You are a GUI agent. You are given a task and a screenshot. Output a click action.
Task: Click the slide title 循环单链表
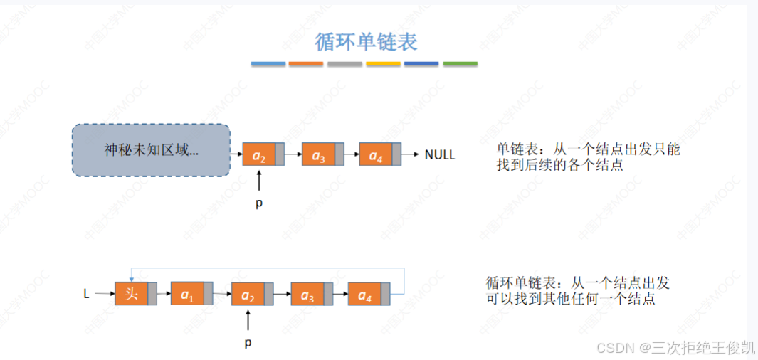pyautogui.click(x=367, y=41)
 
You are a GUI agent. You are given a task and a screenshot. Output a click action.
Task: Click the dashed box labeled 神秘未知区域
pyautogui.click(x=151, y=150)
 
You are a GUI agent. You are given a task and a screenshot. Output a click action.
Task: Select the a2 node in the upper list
pyautogui.click(x=259, y=154)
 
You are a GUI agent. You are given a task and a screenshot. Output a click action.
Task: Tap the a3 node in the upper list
pyautogui.click(x=318, y=154)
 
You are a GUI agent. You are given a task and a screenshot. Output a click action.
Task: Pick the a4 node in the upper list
pyautogui.click(x=377, y=154)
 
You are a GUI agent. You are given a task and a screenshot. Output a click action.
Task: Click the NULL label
pyautogui.click(x=439, y=154)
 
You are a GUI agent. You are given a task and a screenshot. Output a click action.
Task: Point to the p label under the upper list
pyautogui.click(x=258, y=203)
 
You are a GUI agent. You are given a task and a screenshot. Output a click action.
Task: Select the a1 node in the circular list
pyautogui.click(x=187, y=293)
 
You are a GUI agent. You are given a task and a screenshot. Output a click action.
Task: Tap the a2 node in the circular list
pyautogui.click(x=248, y=293)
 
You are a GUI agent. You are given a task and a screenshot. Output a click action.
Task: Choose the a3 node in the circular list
pyautogui.click(x=307, y=293)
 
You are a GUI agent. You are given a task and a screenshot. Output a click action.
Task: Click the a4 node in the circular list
pyautogui.click(x=364, y=293)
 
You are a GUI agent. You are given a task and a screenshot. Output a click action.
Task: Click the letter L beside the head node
pyautogui.click(x=86, y=292)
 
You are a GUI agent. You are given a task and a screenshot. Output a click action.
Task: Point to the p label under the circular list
pyautogui.click(x=248, y=343)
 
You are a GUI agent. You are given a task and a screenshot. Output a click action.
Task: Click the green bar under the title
pyautogui.click(x=460, y=64)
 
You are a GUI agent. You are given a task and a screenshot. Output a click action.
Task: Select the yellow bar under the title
pyautogui.click(x=383, y=64)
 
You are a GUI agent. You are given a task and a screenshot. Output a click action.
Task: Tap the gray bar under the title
pyautogui.click(x=344, y=64)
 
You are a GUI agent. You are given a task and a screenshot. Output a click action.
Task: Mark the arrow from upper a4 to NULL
pyautogui.click(x=411, y=154)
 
